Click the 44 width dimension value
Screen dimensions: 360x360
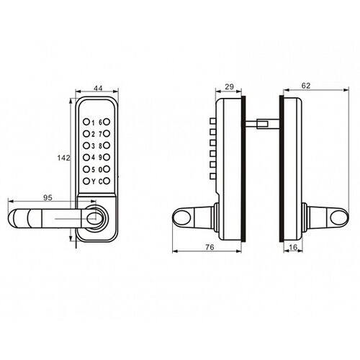click(x=98, y=89)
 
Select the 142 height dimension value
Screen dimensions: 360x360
click(x=63, y=158)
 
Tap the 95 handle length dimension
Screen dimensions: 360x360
click(x=48, y=197)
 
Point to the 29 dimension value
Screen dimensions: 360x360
click(x=229, y=86)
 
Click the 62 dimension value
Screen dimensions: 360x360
click(x=306, y=86)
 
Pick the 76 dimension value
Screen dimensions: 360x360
click(x=210, y=247)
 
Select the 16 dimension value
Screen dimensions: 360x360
click(x=293, y=247)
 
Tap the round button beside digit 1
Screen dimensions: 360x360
click(x=86, y=122)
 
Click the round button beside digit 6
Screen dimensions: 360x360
click(x=107, y=122)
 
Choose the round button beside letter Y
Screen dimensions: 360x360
click(x=86, y=181)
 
